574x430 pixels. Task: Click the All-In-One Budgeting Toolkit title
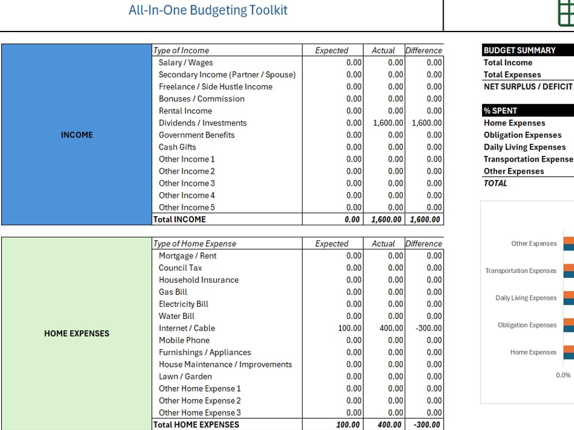[x=208, y=10]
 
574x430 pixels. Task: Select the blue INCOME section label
[x=77, y=135]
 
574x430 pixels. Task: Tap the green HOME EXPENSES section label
[x=77, y=334]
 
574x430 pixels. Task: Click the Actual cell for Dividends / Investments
[x=388, y=123]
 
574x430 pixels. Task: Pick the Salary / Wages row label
[x=185, y=62]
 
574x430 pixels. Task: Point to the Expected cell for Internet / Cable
[x=350, y=328]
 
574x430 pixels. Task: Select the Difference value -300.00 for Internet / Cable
[x=429, y=328]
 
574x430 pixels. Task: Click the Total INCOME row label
[x=179, y=220]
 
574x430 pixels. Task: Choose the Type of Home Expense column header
[x=195, y=244]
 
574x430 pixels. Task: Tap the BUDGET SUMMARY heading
[x=519, y=50]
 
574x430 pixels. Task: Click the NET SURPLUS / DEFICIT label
[x=528, y=87]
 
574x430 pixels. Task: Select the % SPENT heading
[x=500, y=111]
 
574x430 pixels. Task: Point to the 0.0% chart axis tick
[x=563, y=375]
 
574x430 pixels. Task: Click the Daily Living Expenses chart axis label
[x=526, y=298]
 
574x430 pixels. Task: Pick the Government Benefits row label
[x=196, y=135]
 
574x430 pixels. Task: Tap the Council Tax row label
[x=180, y=268]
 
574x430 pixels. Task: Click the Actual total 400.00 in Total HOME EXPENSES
[x=390, y=424]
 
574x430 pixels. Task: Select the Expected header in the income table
[x=332, y=50]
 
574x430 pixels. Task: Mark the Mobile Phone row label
[x=184, y=340]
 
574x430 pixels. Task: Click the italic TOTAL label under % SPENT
[x=495, y=183]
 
